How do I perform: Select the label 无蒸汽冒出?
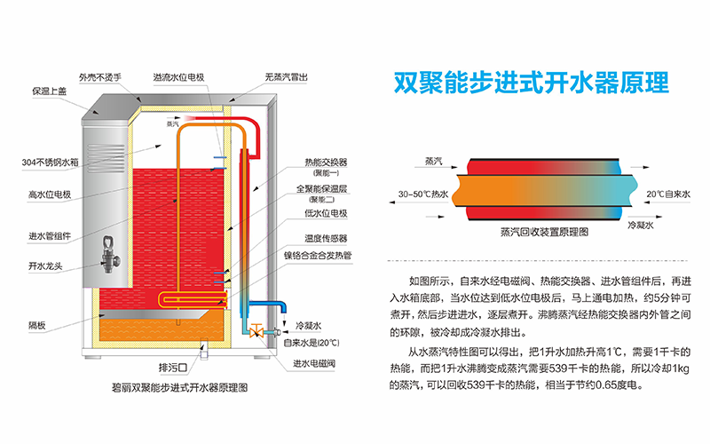click(x=287, y=77)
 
